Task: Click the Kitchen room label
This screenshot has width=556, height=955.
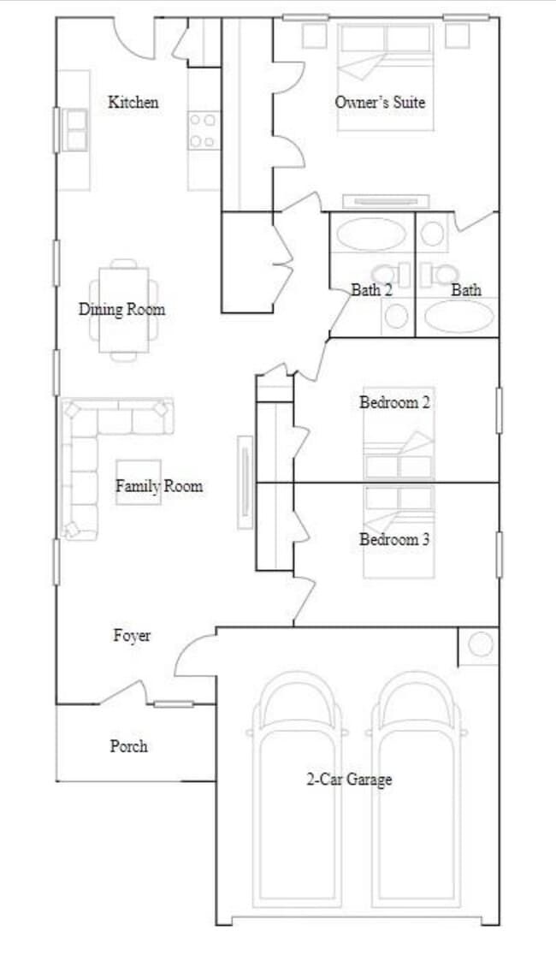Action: click(133, 103)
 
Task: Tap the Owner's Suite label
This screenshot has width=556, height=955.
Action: click(380, 103)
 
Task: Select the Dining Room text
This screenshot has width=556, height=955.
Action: click(121, 309)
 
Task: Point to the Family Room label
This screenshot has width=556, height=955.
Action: click(159, 486)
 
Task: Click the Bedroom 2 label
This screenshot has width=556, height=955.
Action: click(394, 402)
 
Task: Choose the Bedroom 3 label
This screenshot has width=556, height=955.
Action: click(394, 539)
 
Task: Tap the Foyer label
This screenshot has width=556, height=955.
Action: click(132, 636)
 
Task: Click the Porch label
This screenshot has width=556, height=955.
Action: click(128, 746)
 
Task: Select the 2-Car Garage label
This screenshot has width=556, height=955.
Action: click(349, 779)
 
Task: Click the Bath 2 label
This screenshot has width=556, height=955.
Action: click(371, 290)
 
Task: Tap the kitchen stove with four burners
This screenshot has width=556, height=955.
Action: click(203, 131)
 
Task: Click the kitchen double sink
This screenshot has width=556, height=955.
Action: click(76, 130)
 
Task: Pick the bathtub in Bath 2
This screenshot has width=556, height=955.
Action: click(371, 234)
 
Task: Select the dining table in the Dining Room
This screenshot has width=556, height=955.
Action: click(123, 309)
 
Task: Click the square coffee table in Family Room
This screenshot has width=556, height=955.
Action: click(139, 482)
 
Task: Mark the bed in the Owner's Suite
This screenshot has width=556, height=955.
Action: click(384, 77)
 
